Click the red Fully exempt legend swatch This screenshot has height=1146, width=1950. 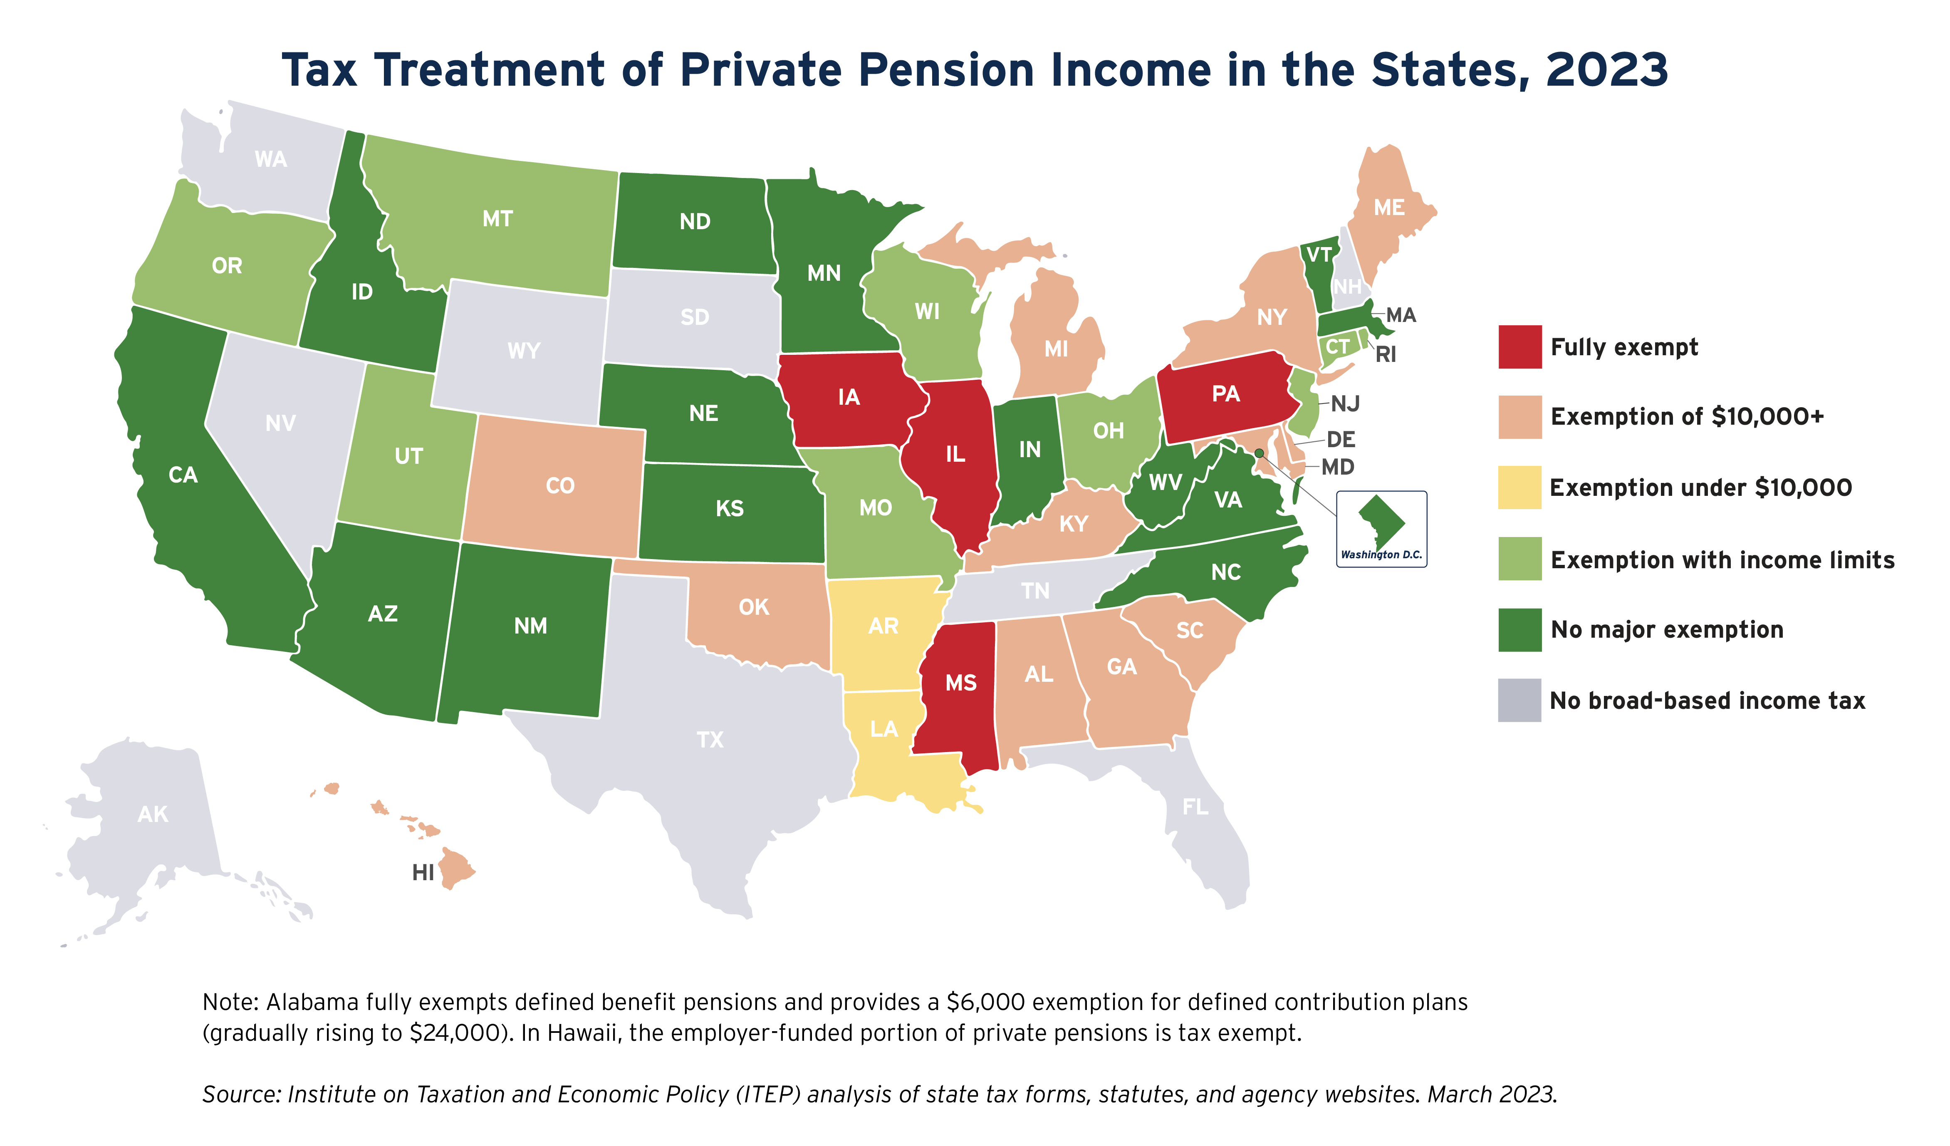coord(1519,347)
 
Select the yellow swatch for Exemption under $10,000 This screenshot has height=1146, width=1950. coord(1519,488)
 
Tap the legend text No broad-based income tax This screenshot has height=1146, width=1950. coord(1707,701)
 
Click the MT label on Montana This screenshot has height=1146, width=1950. coord(497,219)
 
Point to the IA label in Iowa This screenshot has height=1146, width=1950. coord(849,398)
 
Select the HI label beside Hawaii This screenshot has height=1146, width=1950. coord(423,873)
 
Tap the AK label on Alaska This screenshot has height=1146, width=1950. coord(152,814)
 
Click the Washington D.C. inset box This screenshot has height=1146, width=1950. coord(1381,529)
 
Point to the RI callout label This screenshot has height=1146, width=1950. coord(1386,354)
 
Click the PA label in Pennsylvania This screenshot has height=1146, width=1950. coord(1226,394)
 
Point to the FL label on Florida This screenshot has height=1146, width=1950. coord(1195,807)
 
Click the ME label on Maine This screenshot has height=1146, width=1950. coord(1389,208)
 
